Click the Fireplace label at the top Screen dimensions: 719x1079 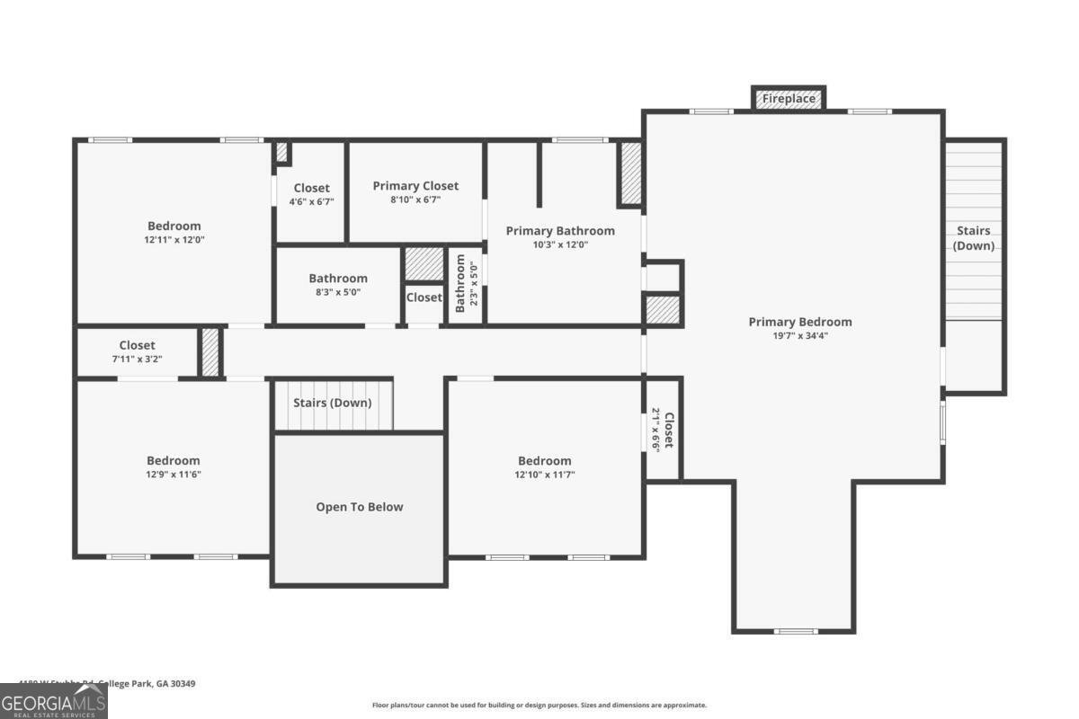[789, 98]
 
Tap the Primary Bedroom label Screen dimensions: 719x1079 [799, 322]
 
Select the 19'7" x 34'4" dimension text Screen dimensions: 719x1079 [799, 335]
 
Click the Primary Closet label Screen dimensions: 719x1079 [415, 186]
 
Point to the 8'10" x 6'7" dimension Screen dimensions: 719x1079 [415, 200]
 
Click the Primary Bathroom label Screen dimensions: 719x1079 [560, 231]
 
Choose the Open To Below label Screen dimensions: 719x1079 [359, 507]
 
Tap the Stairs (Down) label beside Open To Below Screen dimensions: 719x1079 [332, 403]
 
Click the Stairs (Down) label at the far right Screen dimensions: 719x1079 [973, 238]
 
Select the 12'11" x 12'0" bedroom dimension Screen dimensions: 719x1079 [174, 240]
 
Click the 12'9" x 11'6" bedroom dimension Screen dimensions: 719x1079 [174, 475]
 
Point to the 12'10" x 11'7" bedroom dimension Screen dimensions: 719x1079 [544, 475]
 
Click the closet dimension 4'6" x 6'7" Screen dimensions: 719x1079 [311, 202]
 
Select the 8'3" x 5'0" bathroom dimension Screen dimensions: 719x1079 [338, 292]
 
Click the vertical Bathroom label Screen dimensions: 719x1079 [459, 283]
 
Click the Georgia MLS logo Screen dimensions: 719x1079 [54, 701]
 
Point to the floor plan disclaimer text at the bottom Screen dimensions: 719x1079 [539, 706]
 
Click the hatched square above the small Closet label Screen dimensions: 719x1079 [424, 264]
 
